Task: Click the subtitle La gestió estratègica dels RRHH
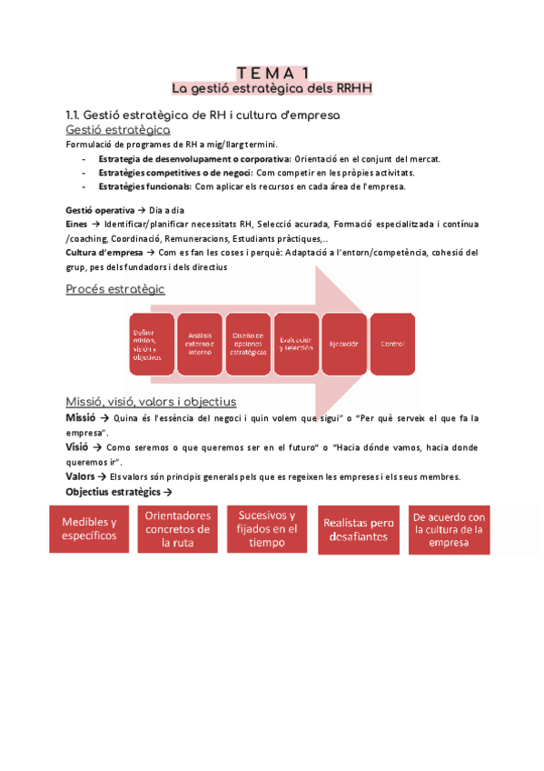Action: coord(272,88)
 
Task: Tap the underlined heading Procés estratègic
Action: coord(115,289)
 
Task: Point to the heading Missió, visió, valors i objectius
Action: coord(151,402)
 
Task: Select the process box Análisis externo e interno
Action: coord(200,344)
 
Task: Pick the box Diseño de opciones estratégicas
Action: coord(248,344)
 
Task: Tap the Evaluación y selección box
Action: coord(296,344)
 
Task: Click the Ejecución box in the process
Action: coord(343,344)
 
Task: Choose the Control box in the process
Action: coord(392,344)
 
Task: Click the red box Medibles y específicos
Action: coord(89,528)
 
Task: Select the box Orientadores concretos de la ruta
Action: coord(178,528)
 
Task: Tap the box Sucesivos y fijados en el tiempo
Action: coord(267,528)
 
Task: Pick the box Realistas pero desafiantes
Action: coord(357,528)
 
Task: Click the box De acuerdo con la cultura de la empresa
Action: coord(449,528)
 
